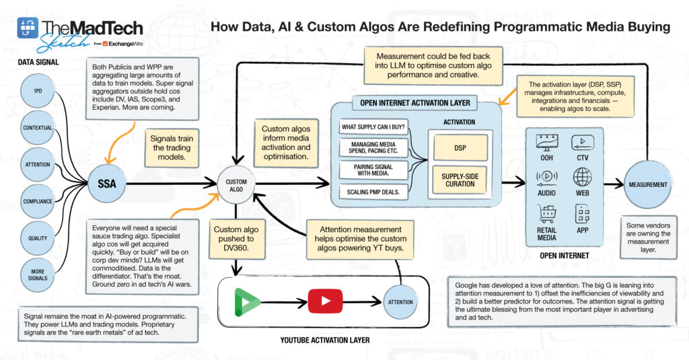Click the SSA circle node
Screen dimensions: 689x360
click(107, 183)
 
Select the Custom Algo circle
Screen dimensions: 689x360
click(236, 185)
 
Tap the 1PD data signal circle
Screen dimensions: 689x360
click(38, 91)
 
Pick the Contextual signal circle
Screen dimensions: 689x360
click(38, 128)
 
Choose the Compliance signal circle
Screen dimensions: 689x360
click(38, 201)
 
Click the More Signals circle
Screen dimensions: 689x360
click(38, 275)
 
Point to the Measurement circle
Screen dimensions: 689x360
click(648, 184)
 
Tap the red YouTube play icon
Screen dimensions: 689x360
click(325, 301)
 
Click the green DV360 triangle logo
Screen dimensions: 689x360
click(246, 302)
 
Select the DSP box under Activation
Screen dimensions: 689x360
click(460, 147)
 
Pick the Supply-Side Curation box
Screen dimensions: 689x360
click(460, 180)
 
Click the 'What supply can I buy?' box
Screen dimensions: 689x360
click(373, 127)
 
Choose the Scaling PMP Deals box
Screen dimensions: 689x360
click(373, 192)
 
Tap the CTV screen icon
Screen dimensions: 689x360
click(583, 143)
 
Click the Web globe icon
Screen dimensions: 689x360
click(582, 177)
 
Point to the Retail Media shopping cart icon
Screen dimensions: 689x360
click(546, 214)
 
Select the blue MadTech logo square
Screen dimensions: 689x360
click(28, 28)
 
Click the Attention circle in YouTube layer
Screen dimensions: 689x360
click(400, 302)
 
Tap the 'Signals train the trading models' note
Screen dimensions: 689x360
click(172, 147)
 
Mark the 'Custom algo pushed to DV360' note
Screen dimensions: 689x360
click(236, 239)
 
